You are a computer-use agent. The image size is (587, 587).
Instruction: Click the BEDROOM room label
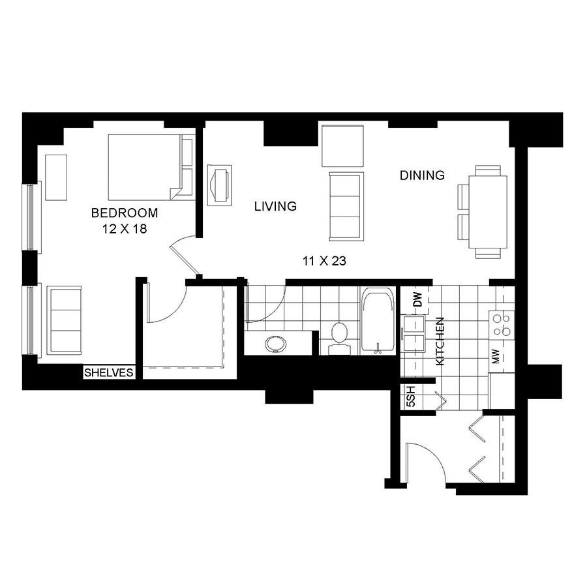pyautogui.click(x=125, y=213)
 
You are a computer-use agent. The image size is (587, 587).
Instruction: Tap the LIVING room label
pyautogui.click(x=275, y=206)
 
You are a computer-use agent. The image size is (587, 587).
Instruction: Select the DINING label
pyautogui.click(x=422, y=175)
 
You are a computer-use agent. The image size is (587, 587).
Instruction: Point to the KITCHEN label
pyautogui.click(x=440, y=341)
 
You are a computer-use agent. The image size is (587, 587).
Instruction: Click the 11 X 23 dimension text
pyautogui.click(x=324, y=261)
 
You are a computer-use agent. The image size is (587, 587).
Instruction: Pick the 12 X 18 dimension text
pyautogui.click(x=125, y=229)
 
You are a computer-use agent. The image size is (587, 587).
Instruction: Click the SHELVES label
pyautogui.click(x=108, y=372)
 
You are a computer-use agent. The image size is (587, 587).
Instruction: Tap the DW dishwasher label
pyautogui.click(x=418, y=299)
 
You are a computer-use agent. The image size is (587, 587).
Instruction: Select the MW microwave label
pyautogui.click(x=495, y=356)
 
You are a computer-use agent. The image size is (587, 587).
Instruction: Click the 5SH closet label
pyautogui.click(x=411, y=397)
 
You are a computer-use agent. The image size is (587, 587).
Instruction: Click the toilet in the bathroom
pyautogui.click(x=340, y=339)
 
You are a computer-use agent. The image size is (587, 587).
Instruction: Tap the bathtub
pyautogui.click(x=378, y=321)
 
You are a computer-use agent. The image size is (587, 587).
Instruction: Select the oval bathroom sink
pyautogui.click(x=275, y=344)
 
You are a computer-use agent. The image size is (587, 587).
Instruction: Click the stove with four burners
pyautogui.click(x=502, y=325)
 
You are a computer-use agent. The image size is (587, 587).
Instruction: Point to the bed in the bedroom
pyautogui.click(x=151, y=168)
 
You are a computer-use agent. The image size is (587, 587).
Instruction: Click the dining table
pyautogui.click(x=488, y=212)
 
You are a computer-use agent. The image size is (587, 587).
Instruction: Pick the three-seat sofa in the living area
pyautogui.click(x=346, y=206)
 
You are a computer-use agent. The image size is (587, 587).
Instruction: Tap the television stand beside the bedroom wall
pyautogui.click(x=220, y=185)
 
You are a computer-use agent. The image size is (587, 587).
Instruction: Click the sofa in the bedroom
pyautogui.click(x=64, y=320)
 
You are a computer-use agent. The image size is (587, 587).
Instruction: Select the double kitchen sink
pyautogui.click(x=413, y=334)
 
